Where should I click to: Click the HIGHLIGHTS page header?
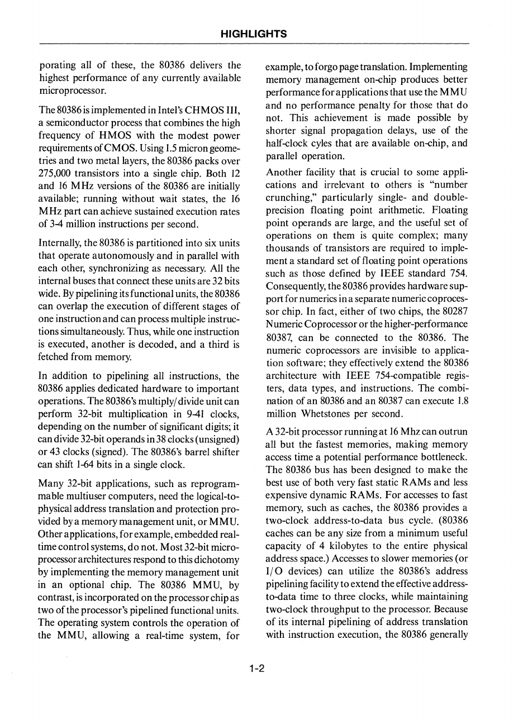coord(254,34)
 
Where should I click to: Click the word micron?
coord(199,147)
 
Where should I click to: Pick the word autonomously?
coord(118,256)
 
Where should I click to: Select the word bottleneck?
coord(440,457)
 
